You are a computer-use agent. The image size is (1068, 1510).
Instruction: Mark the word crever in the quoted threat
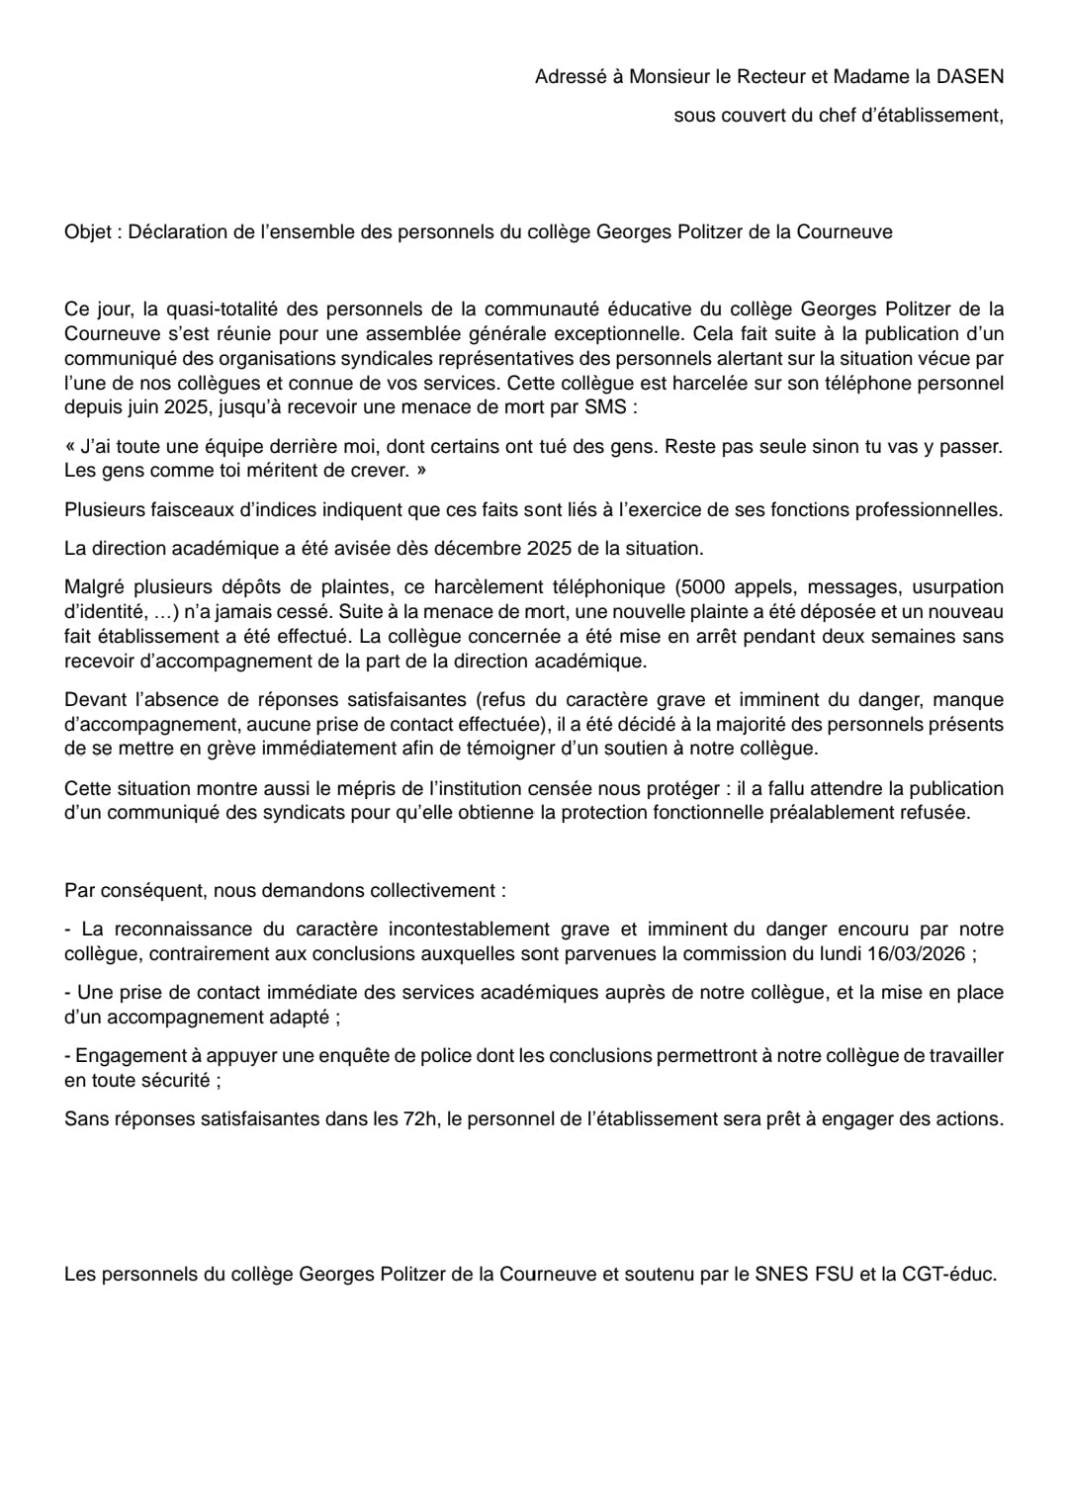click(x=375, y=471)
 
